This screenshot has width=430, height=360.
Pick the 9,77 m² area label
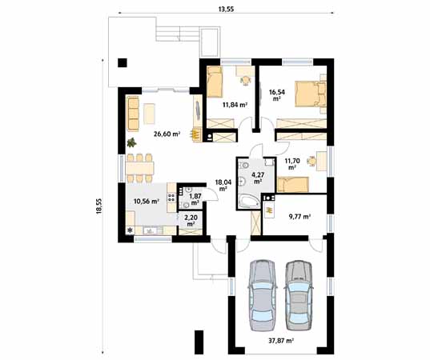click(299, 216)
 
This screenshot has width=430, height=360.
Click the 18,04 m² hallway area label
click(224, 185)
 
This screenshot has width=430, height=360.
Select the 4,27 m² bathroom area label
click(259, 178)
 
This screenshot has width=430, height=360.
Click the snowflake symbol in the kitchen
click(131, 231)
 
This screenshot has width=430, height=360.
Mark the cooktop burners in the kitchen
click(171, 201)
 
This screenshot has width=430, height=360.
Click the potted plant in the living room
click(131, 143)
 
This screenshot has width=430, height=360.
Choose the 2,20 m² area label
click(191, 220)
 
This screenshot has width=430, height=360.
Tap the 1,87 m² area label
click(195, 200)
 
